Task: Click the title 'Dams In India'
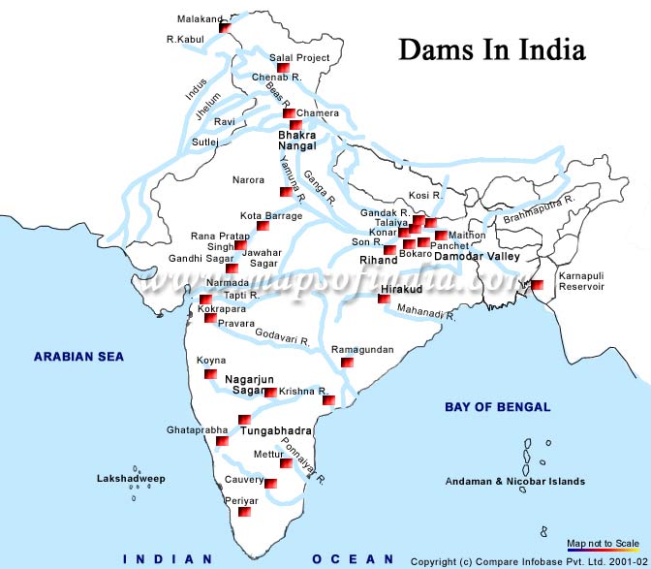point(492,49)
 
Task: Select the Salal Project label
point(299,58)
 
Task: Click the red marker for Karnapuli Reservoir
point(537,285)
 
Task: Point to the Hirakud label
point(400,289)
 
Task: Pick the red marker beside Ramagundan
point(347,363)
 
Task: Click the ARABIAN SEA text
point(79,357)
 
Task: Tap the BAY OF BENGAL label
point(497,407)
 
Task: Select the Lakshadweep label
point(131,479)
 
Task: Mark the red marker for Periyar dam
point(245,512)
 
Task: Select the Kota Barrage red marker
point(262,226)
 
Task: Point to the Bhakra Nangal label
point(297,140)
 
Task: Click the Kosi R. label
point(425,195)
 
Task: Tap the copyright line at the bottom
point(528,561)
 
